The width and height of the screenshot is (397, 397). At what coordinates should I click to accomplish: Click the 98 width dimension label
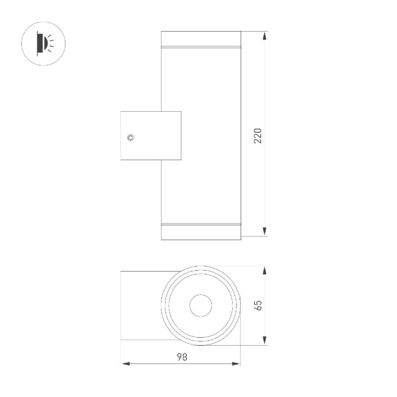pos(181,357)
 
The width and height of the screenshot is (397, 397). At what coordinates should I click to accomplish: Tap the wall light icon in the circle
pos(43,43)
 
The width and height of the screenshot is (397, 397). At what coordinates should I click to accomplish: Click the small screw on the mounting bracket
pos(130,137)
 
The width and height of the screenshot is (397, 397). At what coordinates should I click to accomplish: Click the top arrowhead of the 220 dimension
pos(264,36)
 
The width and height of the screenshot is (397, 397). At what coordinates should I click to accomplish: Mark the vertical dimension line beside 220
pos(264,183)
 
